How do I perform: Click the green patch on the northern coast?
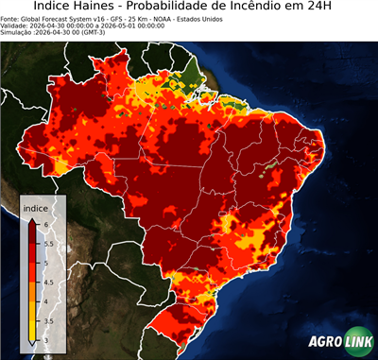pos(193,70)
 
